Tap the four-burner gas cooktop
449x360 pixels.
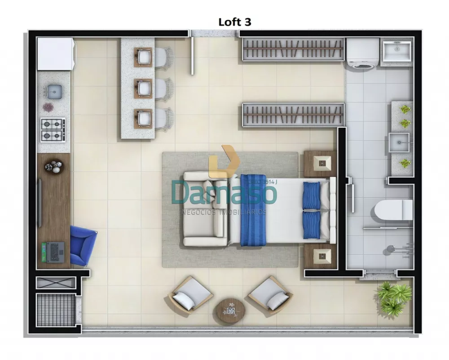(x=53, y=129)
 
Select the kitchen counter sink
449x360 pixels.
(x=54, y=91)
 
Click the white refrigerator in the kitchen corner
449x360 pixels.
(x=55, y=54)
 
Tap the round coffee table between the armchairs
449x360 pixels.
(x=229, y=310)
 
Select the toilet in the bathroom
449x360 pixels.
(x=393, y=210)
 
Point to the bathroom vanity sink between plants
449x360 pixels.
(x=399, y=142)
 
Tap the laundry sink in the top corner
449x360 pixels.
(x=396, y=51)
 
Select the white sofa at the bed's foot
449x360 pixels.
(x=206, y=209)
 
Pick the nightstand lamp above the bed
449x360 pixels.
(x=321, y=163)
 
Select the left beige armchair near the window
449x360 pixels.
(x=191, y=294)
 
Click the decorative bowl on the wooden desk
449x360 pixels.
(x=54, y=167)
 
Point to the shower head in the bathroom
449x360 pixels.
(x=392, y=248)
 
